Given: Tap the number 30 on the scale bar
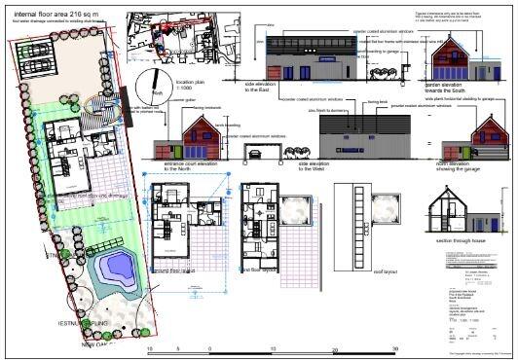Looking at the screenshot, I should coord(394,348).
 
